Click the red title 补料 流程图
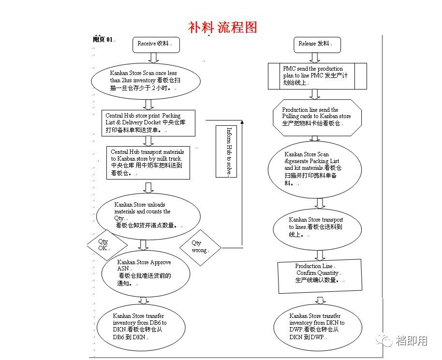pyautogui.click(x=222, y=27)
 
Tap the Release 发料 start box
pyautogui.click(x=317, y=44)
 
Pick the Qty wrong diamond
pyautogui.click(x=200, y=247)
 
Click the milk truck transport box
pyautogui.click(x=148, y=162)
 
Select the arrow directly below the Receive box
pyautogui.click(x=153, y=58)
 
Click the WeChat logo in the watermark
pyautogui.click(x=385, y=341)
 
